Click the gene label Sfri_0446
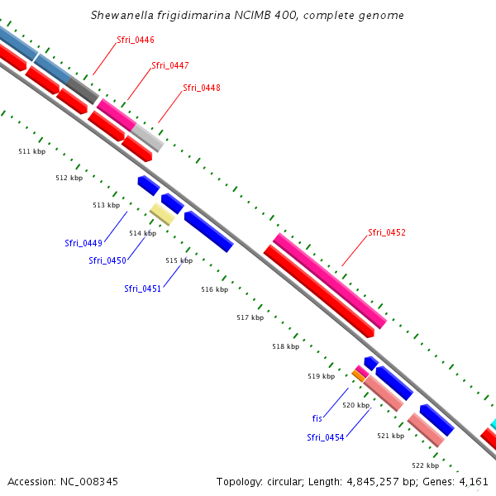coord(136,40)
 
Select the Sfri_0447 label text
coord(169,64)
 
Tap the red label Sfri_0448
coord(201,87)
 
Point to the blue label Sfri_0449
coord(83,243)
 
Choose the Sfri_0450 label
coord(107,260)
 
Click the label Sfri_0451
coord(142,289)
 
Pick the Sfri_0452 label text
coord(386,232)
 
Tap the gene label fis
coord(317,419)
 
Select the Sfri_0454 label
coord(325,437)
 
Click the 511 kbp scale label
coord(31,151)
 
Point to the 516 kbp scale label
coord(214,289)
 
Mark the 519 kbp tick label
coord(321,376)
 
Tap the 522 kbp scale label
coord(425,465)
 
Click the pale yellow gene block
coord(161,214)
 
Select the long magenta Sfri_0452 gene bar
coord(330,279)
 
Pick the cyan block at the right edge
coord(493,424)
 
